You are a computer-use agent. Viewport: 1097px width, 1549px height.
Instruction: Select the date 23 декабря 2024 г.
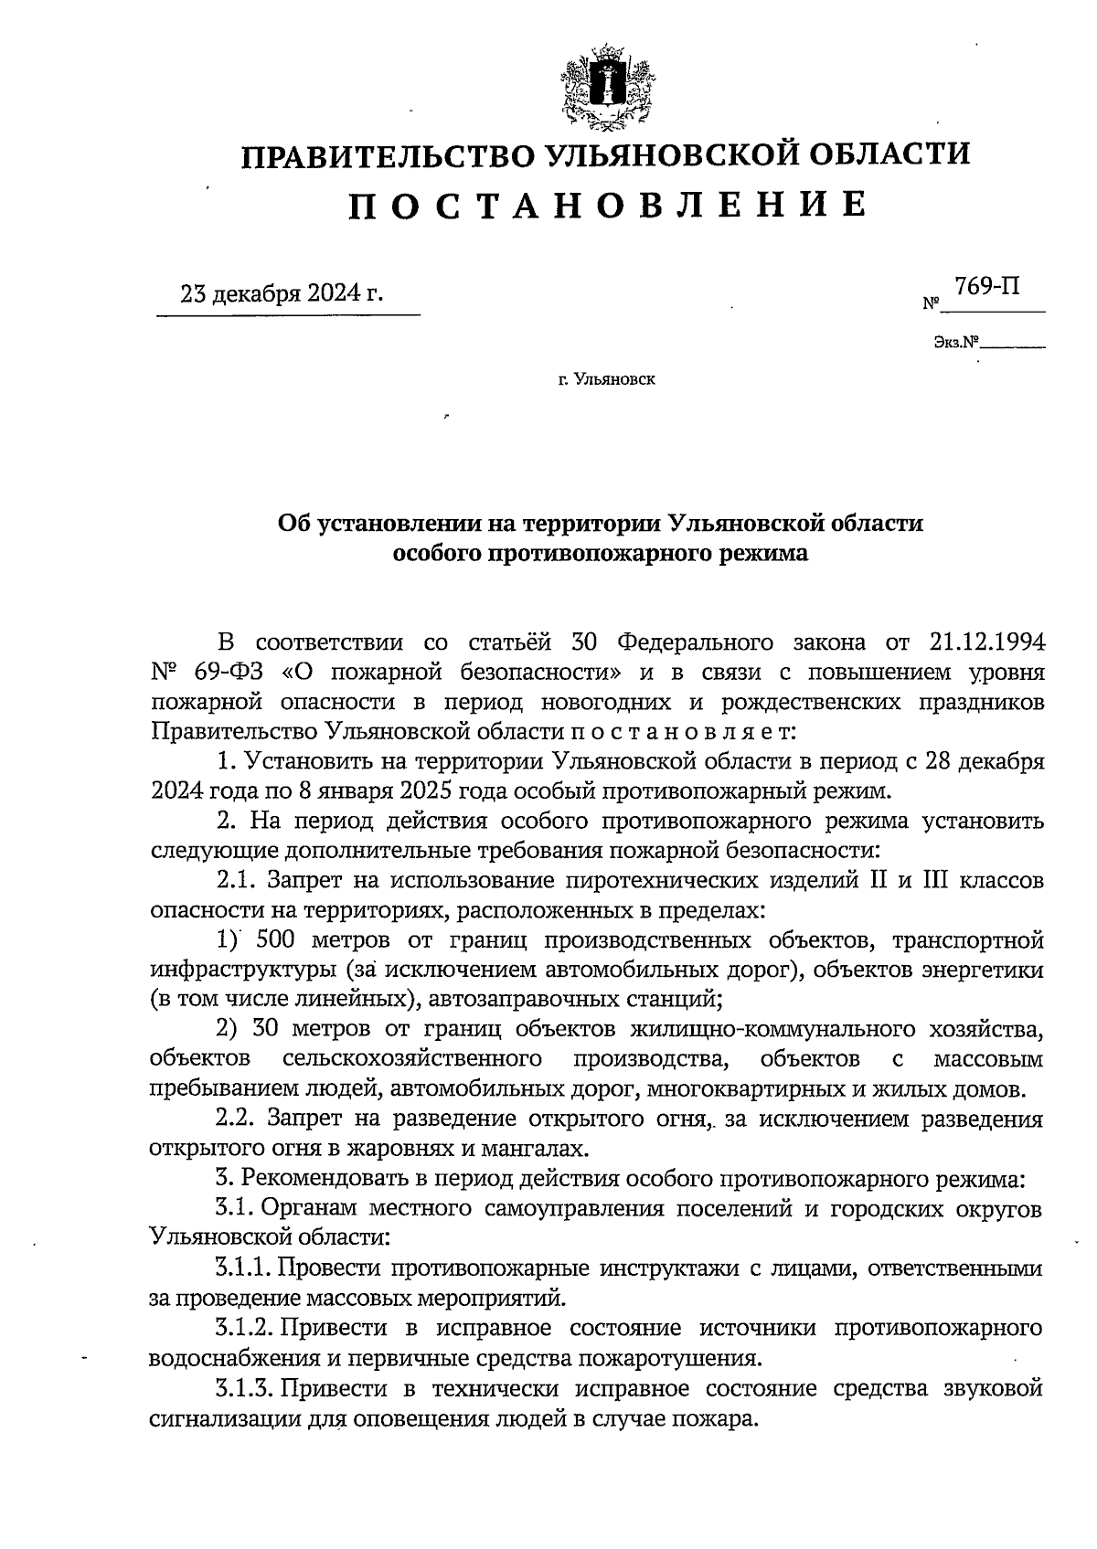click(x=282, y=293)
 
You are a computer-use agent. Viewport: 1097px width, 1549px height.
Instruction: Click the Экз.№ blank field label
click(x=956, y=344)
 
